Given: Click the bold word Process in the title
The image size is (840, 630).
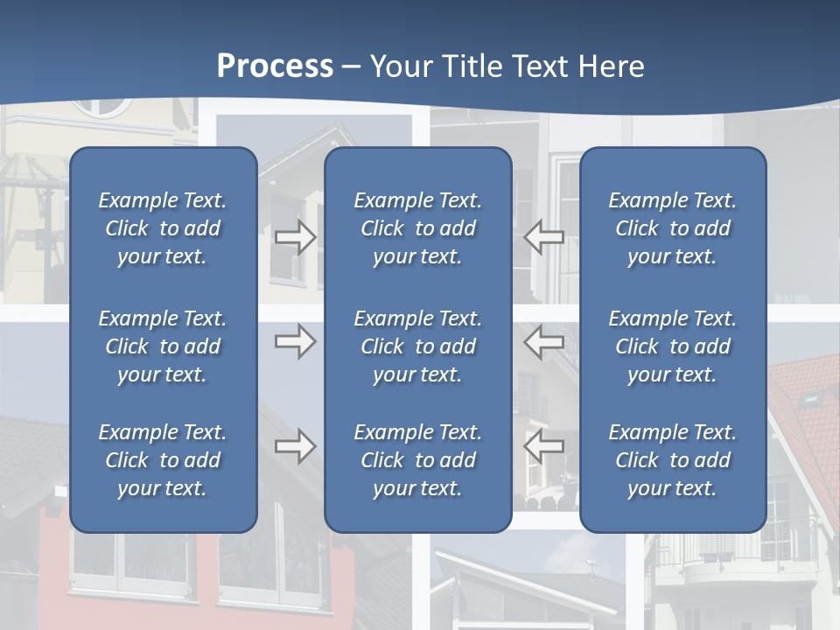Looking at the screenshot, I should click(275, 66).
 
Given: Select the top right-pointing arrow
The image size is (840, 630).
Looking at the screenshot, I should click(296, 237).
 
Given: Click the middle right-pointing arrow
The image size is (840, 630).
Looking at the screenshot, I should click(296, 341).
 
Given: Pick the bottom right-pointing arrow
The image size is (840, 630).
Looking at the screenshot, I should click(296, 446).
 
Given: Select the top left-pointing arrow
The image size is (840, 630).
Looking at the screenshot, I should click(544, 237).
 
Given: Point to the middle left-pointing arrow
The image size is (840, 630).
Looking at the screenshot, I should click(544, 341).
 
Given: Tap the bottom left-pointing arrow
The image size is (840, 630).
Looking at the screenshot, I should click(544, 446).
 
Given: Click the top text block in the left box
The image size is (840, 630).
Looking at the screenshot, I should click(163, 228).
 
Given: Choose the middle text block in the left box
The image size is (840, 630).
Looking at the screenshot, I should click(163, 346).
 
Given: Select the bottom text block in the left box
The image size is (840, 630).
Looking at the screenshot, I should click(163, 460).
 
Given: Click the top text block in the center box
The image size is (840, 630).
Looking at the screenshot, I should click(417, 228).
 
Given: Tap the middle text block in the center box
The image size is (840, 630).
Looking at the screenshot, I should click(417, 346).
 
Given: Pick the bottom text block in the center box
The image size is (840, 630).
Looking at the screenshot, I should click(417, 460).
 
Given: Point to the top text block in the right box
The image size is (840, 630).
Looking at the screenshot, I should click(672, 228).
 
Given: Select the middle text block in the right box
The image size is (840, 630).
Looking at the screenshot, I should click(672, 346).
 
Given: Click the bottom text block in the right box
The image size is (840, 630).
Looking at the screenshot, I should click(672, 460).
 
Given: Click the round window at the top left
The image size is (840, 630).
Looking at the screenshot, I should click(101, 107).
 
